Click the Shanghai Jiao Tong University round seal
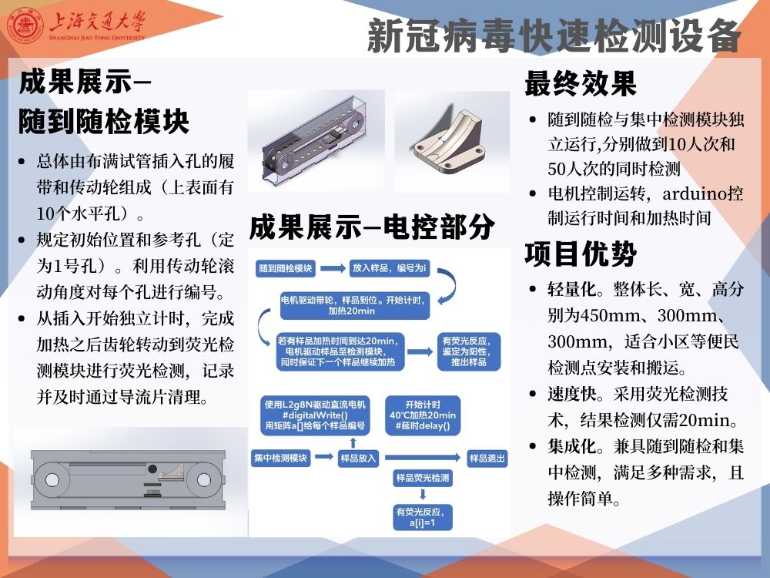(28, 25)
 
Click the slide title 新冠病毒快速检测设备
(554, 35)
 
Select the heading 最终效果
(581, 83)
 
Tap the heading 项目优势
(581, 254)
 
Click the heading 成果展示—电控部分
(372, 227)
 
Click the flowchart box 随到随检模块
(286, 268)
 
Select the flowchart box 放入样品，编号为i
(390, 268)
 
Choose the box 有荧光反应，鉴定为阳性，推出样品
(469, 351)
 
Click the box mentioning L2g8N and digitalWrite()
(315, 415)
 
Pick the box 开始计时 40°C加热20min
(423, 415)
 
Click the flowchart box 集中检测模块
(281, 458)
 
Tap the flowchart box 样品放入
(358, 458)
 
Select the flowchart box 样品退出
(487, 458)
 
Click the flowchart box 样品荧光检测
(423, 478)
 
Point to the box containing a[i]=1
(423, 517)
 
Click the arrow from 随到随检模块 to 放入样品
(333, 268)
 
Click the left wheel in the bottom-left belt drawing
(52, 479)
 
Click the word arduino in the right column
(695, 193)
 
